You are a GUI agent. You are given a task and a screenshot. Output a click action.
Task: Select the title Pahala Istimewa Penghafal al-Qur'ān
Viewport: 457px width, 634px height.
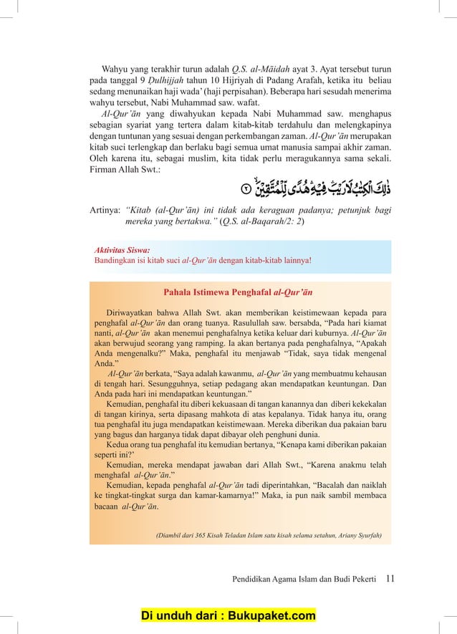click(237, 292)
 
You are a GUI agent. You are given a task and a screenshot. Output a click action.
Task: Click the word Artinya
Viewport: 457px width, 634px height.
click(104, 210)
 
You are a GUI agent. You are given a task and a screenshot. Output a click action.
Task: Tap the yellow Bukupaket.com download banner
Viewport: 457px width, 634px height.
click(228, 616)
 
